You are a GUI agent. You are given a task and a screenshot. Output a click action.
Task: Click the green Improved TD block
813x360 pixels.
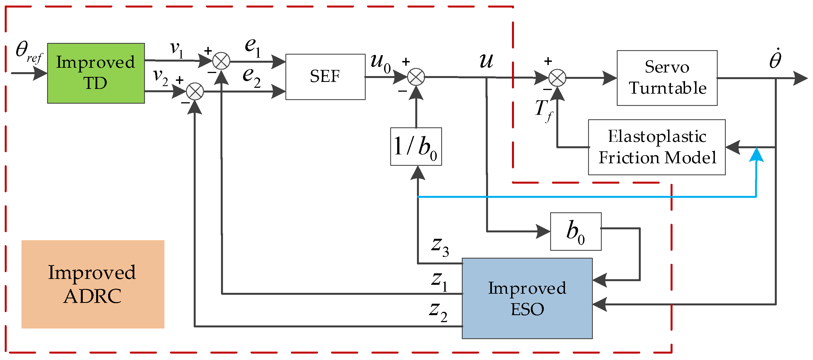pos(96,73)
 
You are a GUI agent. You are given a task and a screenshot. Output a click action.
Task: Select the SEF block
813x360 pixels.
pos(325,77)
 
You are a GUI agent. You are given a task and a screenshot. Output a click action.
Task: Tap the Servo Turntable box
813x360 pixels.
pos(667,78)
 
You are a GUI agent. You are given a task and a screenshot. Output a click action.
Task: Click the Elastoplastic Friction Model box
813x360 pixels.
pos(656,147)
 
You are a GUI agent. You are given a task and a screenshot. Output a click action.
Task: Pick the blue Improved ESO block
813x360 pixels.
pos(527,298)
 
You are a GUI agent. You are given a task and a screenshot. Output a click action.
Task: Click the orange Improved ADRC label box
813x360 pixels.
pos(93,284)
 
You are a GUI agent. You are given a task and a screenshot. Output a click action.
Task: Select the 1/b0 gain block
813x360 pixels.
pos(416,146)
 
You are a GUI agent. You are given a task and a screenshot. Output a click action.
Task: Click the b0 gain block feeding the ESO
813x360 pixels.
pos(575,231)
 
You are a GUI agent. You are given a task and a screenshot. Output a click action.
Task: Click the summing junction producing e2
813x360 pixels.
pos(195,91)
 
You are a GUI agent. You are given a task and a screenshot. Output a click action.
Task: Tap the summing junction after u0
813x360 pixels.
pos(416,77)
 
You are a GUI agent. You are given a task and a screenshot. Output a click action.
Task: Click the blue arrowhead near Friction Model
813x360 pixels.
pos(756,155)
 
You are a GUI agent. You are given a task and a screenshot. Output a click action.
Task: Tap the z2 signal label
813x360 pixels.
pos(438,312)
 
